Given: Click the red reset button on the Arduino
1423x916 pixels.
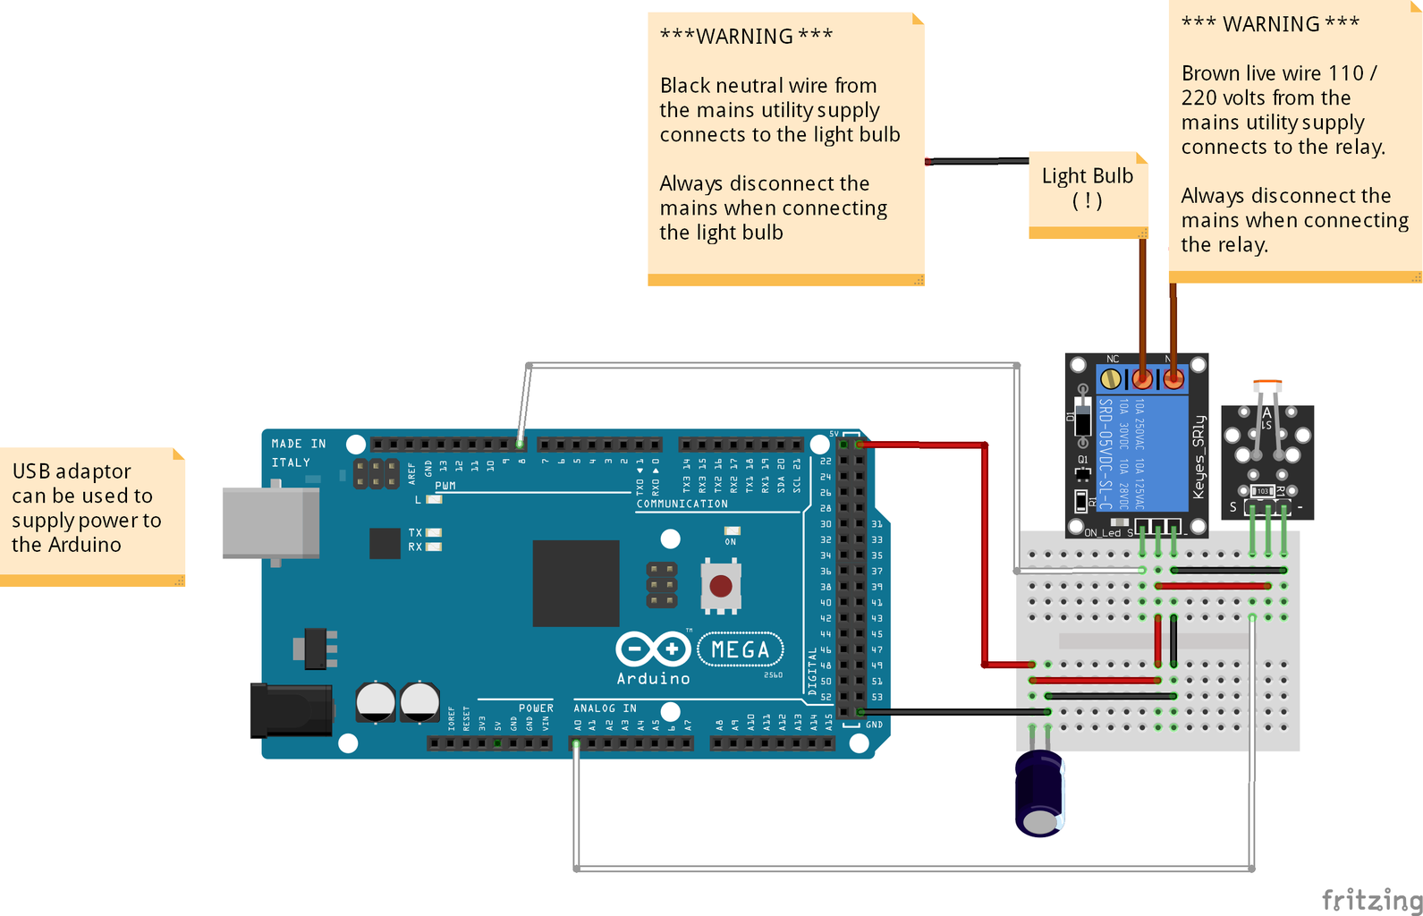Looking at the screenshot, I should [x=721, y=587].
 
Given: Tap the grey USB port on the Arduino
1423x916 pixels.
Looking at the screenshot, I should [x=271, y=523].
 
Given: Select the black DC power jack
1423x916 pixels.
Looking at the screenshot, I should [x=291, y=710].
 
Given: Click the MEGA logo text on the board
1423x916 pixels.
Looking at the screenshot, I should [x=740, y=650].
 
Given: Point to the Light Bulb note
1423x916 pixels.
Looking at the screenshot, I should [x=1088, y=189].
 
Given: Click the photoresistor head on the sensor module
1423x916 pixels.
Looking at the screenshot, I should [x=1266, y=387].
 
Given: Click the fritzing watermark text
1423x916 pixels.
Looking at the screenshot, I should [x=1371, y=900].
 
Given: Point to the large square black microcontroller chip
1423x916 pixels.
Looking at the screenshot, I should [x=576, y=583].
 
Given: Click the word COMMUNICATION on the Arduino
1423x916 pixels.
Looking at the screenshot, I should [x=682, y=504].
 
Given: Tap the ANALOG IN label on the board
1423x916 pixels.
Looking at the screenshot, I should [x=606, y=708].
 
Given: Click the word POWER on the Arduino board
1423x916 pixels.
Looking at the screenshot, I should [x=536, y=708].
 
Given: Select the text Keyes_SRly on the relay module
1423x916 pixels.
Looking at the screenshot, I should [x=1199, y=457].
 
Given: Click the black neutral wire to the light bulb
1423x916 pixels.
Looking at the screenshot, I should [x=979, y=162].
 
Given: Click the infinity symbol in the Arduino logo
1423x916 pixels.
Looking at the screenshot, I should [x=653, y=649].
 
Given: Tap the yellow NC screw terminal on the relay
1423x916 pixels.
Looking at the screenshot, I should [x=1111, y=378].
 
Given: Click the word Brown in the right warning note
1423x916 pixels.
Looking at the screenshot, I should [x=1206, y=73].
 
